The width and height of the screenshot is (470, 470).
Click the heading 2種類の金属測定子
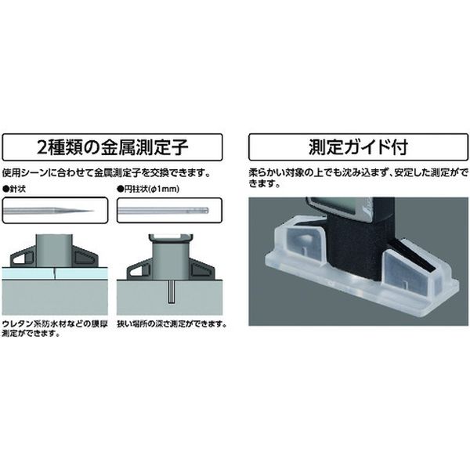112,147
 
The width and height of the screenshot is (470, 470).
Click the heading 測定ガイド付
358,147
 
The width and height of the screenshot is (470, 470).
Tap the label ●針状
14,189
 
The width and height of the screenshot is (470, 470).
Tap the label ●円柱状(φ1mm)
148,189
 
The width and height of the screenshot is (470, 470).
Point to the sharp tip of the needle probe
94,211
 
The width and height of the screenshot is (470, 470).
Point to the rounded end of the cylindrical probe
207,211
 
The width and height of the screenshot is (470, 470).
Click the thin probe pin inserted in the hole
171,292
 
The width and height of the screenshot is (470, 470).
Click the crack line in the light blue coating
55,273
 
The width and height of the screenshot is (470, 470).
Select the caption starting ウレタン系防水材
55,329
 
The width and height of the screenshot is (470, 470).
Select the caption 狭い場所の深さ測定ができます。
172,324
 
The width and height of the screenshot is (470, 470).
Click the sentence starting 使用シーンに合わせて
106,173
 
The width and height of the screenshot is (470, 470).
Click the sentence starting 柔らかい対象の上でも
359,178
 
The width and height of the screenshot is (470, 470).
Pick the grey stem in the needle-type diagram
54,250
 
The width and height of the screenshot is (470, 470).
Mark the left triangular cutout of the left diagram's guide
23,258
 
